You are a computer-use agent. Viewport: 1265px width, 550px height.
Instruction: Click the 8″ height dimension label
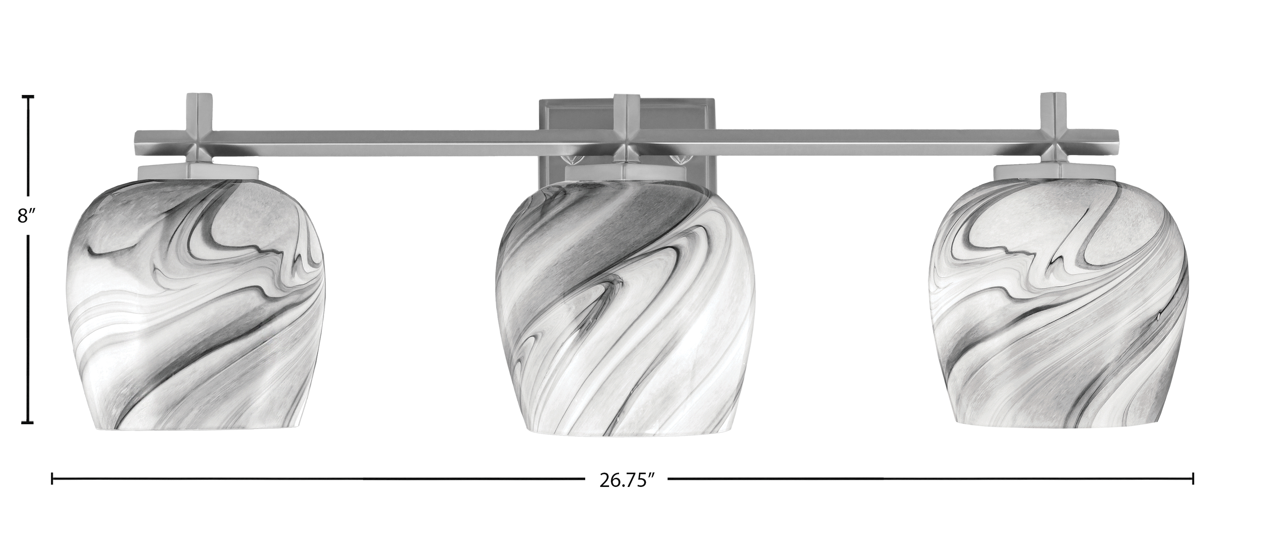25,216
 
